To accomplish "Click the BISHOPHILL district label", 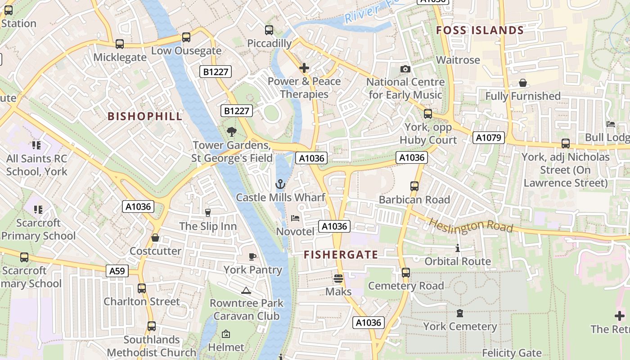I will [145, 116].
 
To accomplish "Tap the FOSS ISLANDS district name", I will [480, 31].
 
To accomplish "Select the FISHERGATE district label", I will [341, 255].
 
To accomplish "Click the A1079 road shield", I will [488, 138].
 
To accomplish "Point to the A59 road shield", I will [117, 271].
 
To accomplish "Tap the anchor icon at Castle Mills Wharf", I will [280, 184].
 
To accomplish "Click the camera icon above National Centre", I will [405, 69].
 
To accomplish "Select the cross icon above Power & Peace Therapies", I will [304, 68].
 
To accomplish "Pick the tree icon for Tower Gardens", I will [232, 131].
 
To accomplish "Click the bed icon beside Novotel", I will [295, 218].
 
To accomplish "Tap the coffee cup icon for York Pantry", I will [252, 256].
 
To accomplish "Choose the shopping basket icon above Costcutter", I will [155, 238].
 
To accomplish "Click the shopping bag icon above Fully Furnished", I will [522, 83].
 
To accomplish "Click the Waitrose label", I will [458, 60].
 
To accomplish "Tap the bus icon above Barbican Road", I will [414, 186].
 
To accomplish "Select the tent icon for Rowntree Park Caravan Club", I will [246, 290].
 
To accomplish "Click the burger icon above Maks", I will [338, 279].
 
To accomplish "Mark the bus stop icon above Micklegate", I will [119, 44].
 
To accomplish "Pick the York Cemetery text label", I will [460, 326].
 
